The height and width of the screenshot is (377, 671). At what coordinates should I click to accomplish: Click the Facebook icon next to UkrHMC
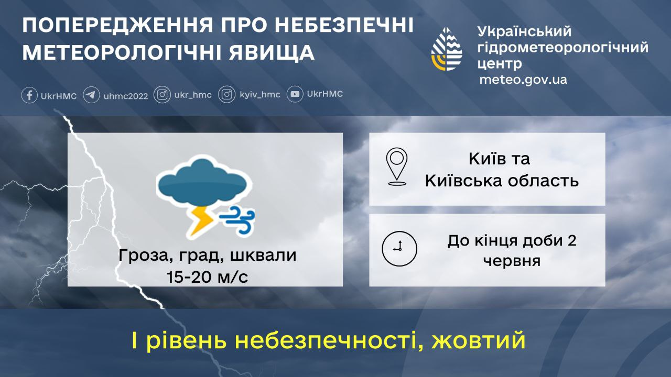coord(29,95)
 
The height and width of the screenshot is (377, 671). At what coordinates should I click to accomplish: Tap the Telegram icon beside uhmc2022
coord(91,95)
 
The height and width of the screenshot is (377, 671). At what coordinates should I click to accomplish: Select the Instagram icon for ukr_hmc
coord(163,95)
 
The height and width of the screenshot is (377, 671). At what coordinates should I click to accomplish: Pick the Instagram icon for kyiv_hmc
coord(226,95)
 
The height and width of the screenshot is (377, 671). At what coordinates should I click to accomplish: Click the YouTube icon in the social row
coord(295,95)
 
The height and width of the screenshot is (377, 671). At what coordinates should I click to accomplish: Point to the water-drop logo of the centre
coord(447,49)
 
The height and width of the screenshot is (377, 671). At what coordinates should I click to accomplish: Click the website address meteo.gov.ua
coord(523,80)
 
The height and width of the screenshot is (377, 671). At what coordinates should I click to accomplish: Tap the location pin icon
coord(397,167)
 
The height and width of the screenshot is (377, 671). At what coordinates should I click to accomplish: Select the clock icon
coord(399,248)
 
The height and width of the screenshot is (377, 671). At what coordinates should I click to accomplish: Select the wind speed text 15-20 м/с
coord(207,277)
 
